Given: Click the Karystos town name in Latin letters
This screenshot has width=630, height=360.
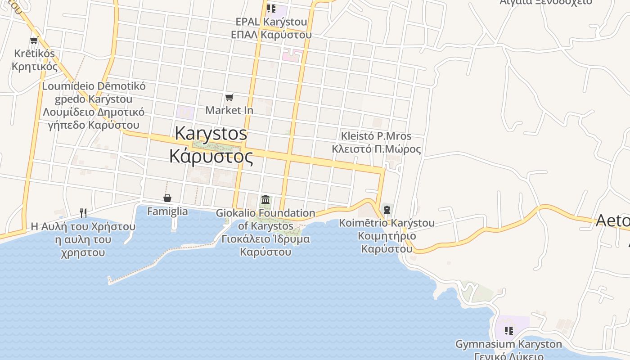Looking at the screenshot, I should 211,133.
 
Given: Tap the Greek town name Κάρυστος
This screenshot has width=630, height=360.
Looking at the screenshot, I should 211,156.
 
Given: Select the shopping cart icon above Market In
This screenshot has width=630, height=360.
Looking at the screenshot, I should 229,97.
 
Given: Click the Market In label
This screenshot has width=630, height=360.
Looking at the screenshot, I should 229,110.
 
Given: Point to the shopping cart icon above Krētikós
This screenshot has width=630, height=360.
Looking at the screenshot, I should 34,40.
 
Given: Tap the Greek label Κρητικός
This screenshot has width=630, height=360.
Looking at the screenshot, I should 35,67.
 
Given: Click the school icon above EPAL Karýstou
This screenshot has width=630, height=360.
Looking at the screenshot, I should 271,8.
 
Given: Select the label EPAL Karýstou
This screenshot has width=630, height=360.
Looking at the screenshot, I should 271,22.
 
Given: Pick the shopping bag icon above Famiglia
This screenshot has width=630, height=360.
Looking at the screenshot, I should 167,198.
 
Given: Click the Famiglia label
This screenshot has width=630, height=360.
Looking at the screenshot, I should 167,211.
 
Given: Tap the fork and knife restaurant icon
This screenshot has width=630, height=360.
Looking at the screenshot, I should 83,213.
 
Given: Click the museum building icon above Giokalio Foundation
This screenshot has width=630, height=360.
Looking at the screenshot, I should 265,199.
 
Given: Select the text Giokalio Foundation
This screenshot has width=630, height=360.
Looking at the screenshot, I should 265,213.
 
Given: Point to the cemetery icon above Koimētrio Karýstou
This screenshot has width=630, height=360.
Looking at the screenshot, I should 387,210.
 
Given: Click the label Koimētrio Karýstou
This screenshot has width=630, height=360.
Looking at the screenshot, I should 387,223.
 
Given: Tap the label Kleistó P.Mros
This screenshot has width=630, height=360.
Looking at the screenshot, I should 376,136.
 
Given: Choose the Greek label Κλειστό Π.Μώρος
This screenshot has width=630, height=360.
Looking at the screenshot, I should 376,149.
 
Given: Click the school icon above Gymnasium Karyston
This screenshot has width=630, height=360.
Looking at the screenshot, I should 509,331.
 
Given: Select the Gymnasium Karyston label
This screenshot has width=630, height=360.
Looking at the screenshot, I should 508,345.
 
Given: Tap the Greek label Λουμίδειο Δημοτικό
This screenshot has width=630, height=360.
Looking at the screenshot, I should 94,112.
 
